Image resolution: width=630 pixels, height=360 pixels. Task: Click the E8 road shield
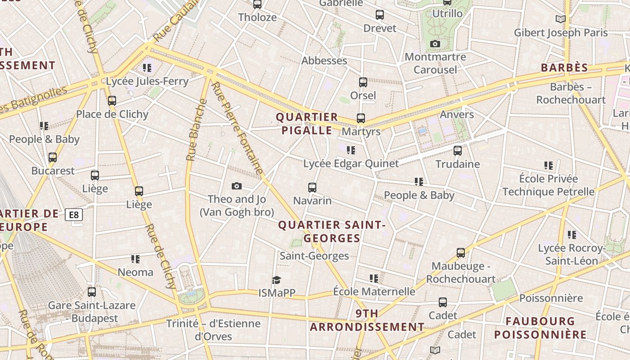(x=74, y=215)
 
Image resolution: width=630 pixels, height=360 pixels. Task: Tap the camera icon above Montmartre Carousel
(x=435, y=44)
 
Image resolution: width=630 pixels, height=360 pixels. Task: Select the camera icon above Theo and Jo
(x=236, y=186)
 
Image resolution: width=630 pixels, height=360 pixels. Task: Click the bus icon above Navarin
(x=312, y=187)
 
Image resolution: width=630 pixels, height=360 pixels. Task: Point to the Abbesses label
(x=324, y=61)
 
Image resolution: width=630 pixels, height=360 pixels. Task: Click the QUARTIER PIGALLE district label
(x=307, y=124)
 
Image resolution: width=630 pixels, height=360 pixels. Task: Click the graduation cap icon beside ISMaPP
(x=276, y=280)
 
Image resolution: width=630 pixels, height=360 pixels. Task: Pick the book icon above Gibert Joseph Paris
(x=560, y=19)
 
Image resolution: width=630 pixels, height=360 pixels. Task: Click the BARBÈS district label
(x=564, y=68)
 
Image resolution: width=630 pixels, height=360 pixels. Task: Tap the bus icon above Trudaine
(x=458, y=150)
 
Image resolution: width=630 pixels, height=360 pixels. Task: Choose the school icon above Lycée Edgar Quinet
(x=351, y=150)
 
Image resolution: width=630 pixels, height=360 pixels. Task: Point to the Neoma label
(x=135, y=272)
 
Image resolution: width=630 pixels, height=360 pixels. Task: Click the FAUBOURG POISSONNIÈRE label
(x=540, y=328)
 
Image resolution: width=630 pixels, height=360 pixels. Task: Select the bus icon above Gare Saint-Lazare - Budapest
(x=92, y=292)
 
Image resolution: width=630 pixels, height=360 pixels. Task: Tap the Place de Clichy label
(x=112, y=114)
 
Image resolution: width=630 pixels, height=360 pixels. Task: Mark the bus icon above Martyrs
(x=361, y=118)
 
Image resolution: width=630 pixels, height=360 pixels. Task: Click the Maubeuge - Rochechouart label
(x=461, y=273)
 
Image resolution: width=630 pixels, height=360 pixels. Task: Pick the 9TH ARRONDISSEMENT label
(x=367, y=320)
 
